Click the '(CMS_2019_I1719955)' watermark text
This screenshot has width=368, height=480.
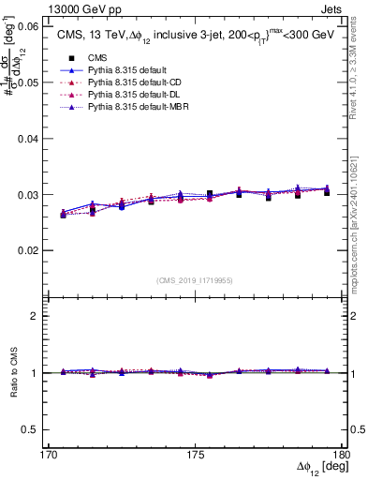[x=195, y=278]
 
